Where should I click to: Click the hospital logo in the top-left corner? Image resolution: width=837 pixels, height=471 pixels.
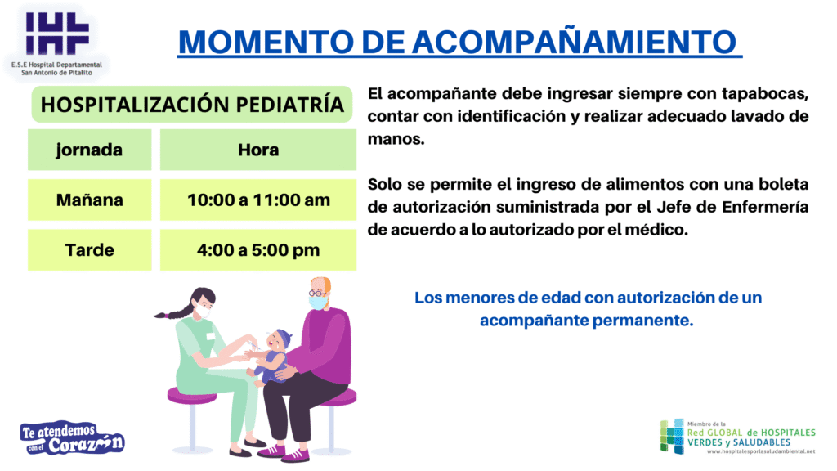[x=56, y=43]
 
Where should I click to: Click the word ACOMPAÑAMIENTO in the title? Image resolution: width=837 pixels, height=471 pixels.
[x=575, y=42]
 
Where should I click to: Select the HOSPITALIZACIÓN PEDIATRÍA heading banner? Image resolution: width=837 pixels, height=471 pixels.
[x=192, y=104]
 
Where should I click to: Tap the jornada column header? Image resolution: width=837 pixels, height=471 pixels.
[x=90, y=150]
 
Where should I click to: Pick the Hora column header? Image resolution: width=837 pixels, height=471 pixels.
[x=258, y=150]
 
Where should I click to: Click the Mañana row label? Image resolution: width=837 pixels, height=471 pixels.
[x=90, y=200]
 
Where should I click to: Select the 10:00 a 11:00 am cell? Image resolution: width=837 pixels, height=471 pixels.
[x=258, y=200]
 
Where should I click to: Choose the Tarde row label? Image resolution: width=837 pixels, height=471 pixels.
[x=90, y=250]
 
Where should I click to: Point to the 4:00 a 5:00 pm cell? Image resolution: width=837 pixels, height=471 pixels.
[x=258, y=250]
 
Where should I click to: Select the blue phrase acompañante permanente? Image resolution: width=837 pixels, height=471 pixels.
[x=587, y=321]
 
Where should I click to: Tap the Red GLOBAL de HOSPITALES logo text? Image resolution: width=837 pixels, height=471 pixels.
[x=751, y=437]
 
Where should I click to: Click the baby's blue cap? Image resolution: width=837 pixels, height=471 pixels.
[x=284, y=338]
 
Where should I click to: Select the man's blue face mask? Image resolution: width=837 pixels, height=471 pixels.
[x=318, y=303]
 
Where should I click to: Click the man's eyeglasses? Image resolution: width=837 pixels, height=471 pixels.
[x=318, y=293]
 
